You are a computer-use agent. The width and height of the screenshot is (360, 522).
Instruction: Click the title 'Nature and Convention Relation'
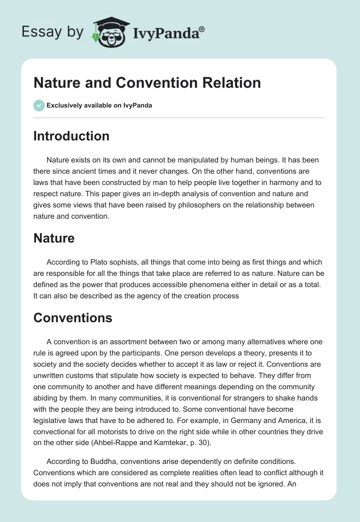147,83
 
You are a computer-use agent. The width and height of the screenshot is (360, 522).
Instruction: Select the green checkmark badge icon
39,105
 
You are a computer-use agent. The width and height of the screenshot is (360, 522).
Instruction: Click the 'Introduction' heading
71,136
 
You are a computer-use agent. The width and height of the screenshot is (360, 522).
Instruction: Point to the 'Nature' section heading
54,238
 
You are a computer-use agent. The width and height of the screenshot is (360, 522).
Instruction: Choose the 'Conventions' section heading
72,318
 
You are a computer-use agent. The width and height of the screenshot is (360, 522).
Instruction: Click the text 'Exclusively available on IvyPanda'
99,105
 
